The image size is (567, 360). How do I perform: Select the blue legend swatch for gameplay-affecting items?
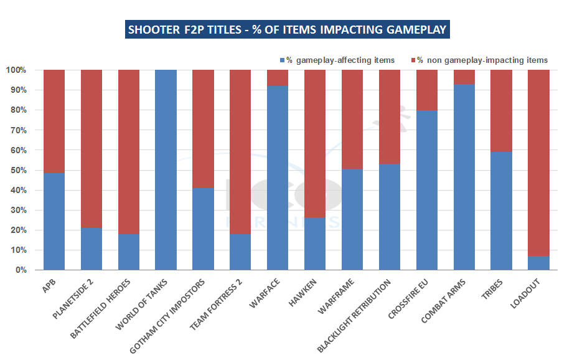[282, 60]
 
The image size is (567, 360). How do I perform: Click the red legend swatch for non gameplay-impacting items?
[413, 60]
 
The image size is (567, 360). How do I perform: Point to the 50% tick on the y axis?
[17, 170]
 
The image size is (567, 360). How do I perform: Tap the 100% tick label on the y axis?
[16, 70]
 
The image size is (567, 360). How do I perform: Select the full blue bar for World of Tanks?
[166, 170]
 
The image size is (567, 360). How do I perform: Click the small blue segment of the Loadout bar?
[538, 263]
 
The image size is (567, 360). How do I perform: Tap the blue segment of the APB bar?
[54, 221]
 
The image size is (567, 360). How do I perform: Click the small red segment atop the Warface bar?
[278, 78]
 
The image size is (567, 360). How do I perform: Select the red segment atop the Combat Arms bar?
[464, 77]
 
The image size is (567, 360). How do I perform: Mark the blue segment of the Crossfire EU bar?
[426, 190]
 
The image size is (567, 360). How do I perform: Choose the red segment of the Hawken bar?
[315, 143]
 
